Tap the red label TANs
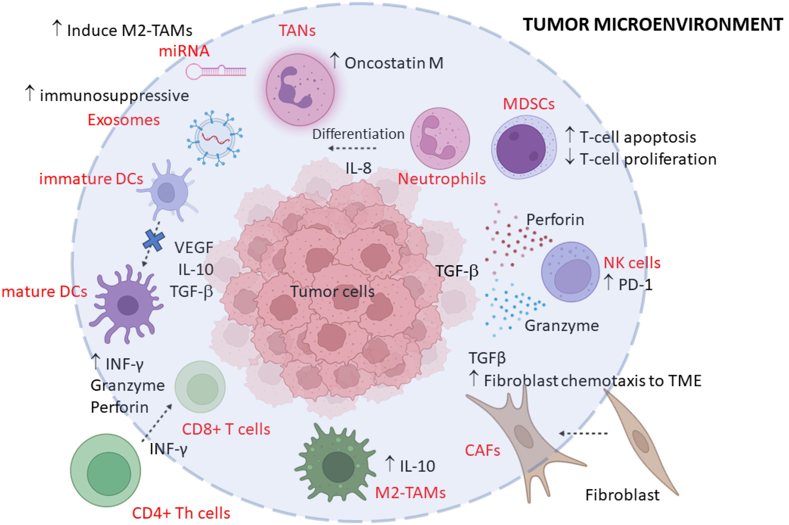pyautogui.click(x=297, y=31)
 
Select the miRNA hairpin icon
pyautogui.click(x=216, y=71)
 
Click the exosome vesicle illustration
pyautogui.click(x=215, y=138)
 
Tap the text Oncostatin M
pyautogui.click(x=394, y=63)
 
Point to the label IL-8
pyautogui.click(x=358, y=168)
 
